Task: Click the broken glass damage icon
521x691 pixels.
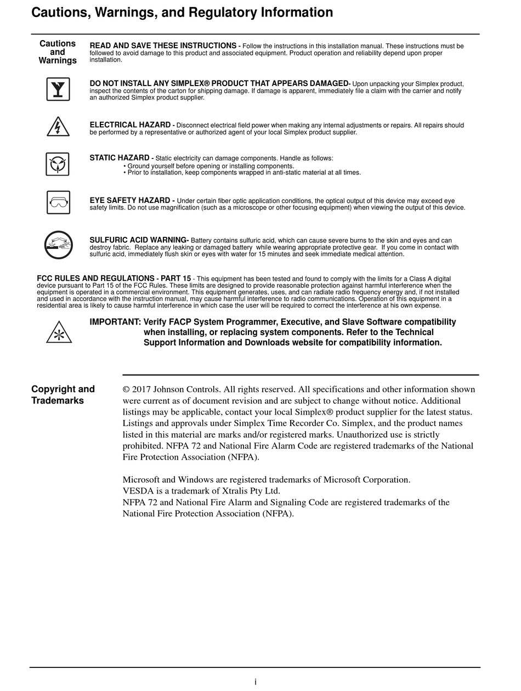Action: click(x=58, y=89)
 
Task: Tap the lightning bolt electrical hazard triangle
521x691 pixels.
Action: click(x=58, y=127)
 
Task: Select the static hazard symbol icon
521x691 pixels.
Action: click(x=58, y=164)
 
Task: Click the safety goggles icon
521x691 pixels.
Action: click(x=58, y=202)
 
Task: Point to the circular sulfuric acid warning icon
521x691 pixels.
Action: click(x=59, y=245)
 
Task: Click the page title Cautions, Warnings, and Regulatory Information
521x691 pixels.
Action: click(x=182, y=13)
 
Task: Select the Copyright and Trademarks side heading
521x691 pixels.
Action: click(x=63, y=395)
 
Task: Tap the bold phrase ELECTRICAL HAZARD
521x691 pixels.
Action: click(x=130, y=125)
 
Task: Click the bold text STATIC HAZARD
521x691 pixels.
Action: click(x=120, y=158)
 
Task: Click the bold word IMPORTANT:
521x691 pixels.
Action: click(x=115, y=322)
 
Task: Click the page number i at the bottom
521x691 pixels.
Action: click(x=256, y=682)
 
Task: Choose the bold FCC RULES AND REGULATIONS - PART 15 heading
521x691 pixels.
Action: click(x=114, y=279)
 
